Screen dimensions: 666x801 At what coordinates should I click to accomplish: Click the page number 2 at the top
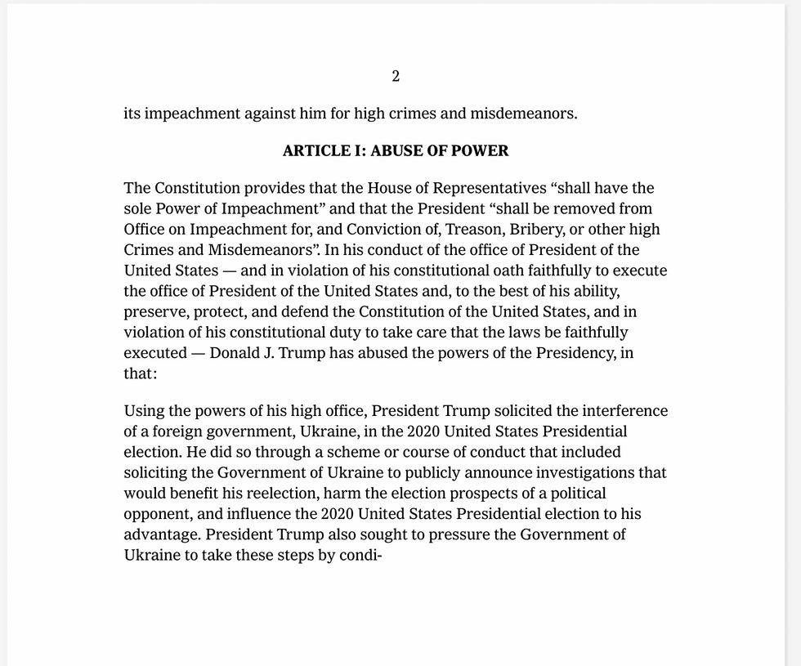tap(396, 76)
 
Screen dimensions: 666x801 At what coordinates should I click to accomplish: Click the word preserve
tap(153, 311)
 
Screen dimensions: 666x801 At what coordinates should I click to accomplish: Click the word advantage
tap(160, 534)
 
